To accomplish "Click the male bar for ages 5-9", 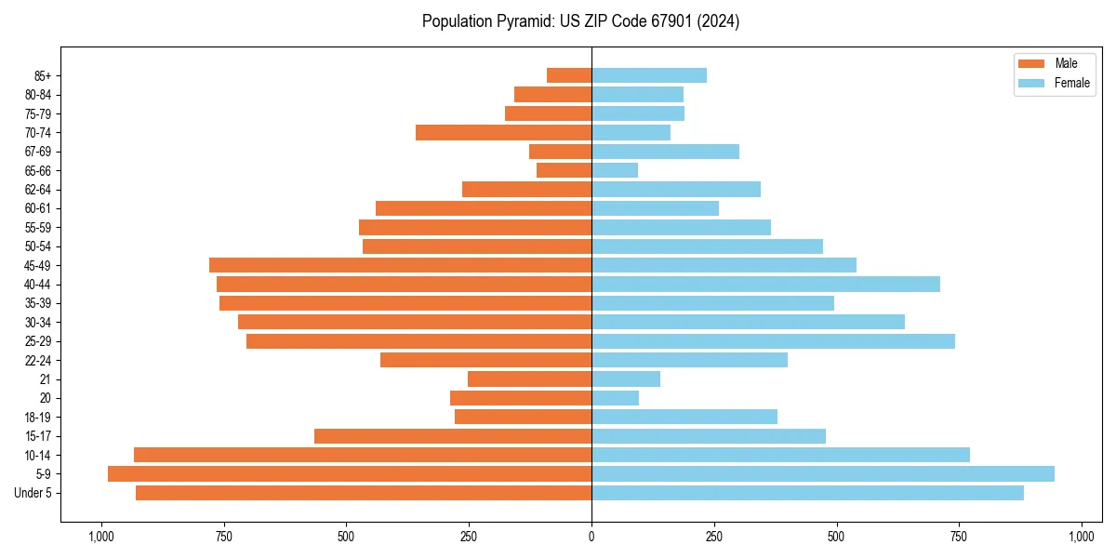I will pos(350,474).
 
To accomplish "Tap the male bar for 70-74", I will pos(503,133).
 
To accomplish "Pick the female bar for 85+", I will pos(649,75).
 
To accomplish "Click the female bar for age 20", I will pos(615,398).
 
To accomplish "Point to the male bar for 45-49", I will pos(400,265).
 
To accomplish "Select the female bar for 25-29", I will pos(773,341).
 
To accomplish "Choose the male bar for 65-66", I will pos(564,170).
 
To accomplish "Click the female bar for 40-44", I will pos(765,285).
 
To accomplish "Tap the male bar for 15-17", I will pos(453,436).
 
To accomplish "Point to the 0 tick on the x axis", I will pos(591,537).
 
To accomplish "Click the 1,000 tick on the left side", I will pos(100,537).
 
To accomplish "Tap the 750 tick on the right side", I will pos(959,537).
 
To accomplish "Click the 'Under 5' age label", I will pos(33,493).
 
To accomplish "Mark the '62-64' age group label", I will pos(38,190).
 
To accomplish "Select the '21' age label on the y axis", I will pos(45,379).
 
